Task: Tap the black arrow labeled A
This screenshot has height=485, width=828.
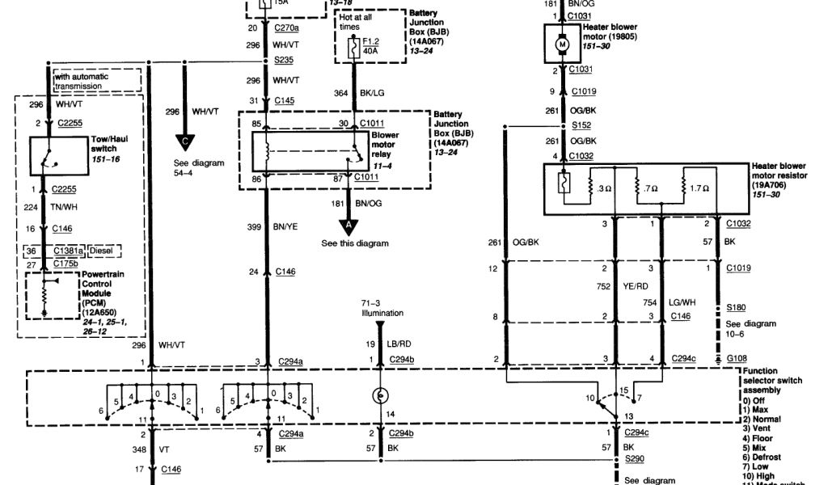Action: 349,225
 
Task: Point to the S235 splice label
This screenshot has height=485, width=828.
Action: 283,60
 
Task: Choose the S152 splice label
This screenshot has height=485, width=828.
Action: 582,125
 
